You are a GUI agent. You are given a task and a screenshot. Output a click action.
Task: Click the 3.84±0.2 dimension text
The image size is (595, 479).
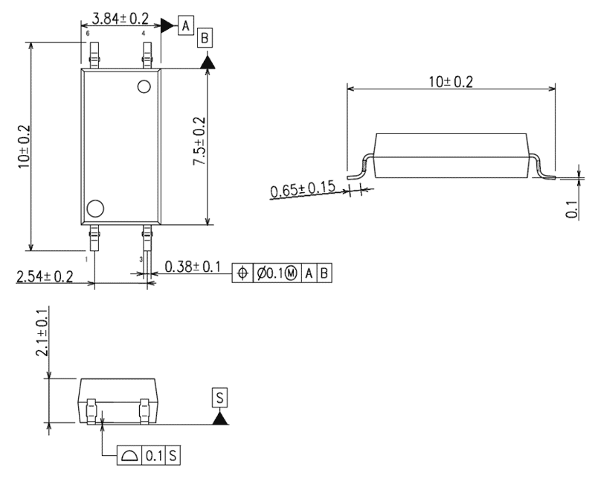point(119,16)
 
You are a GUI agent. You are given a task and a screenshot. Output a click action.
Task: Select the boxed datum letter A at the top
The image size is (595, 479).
point(185,25)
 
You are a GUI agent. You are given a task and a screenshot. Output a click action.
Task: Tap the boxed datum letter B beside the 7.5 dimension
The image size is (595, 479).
point(206,37)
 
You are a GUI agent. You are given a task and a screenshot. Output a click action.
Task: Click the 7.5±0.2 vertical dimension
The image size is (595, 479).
point(199,142)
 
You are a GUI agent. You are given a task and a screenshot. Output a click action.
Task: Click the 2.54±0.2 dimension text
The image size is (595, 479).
point(45,277)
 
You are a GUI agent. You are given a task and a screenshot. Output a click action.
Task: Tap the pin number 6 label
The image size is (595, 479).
point(88,34)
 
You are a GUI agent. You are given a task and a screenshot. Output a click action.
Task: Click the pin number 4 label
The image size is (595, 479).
point(143,34)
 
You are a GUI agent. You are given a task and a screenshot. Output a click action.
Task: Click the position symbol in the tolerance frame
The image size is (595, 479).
point(242,273)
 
